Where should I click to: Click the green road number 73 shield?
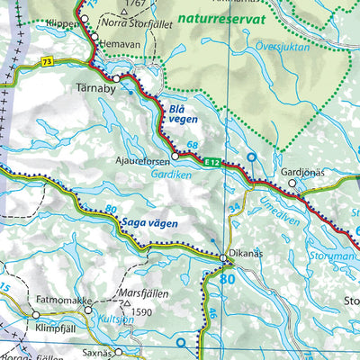(45, 61)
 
